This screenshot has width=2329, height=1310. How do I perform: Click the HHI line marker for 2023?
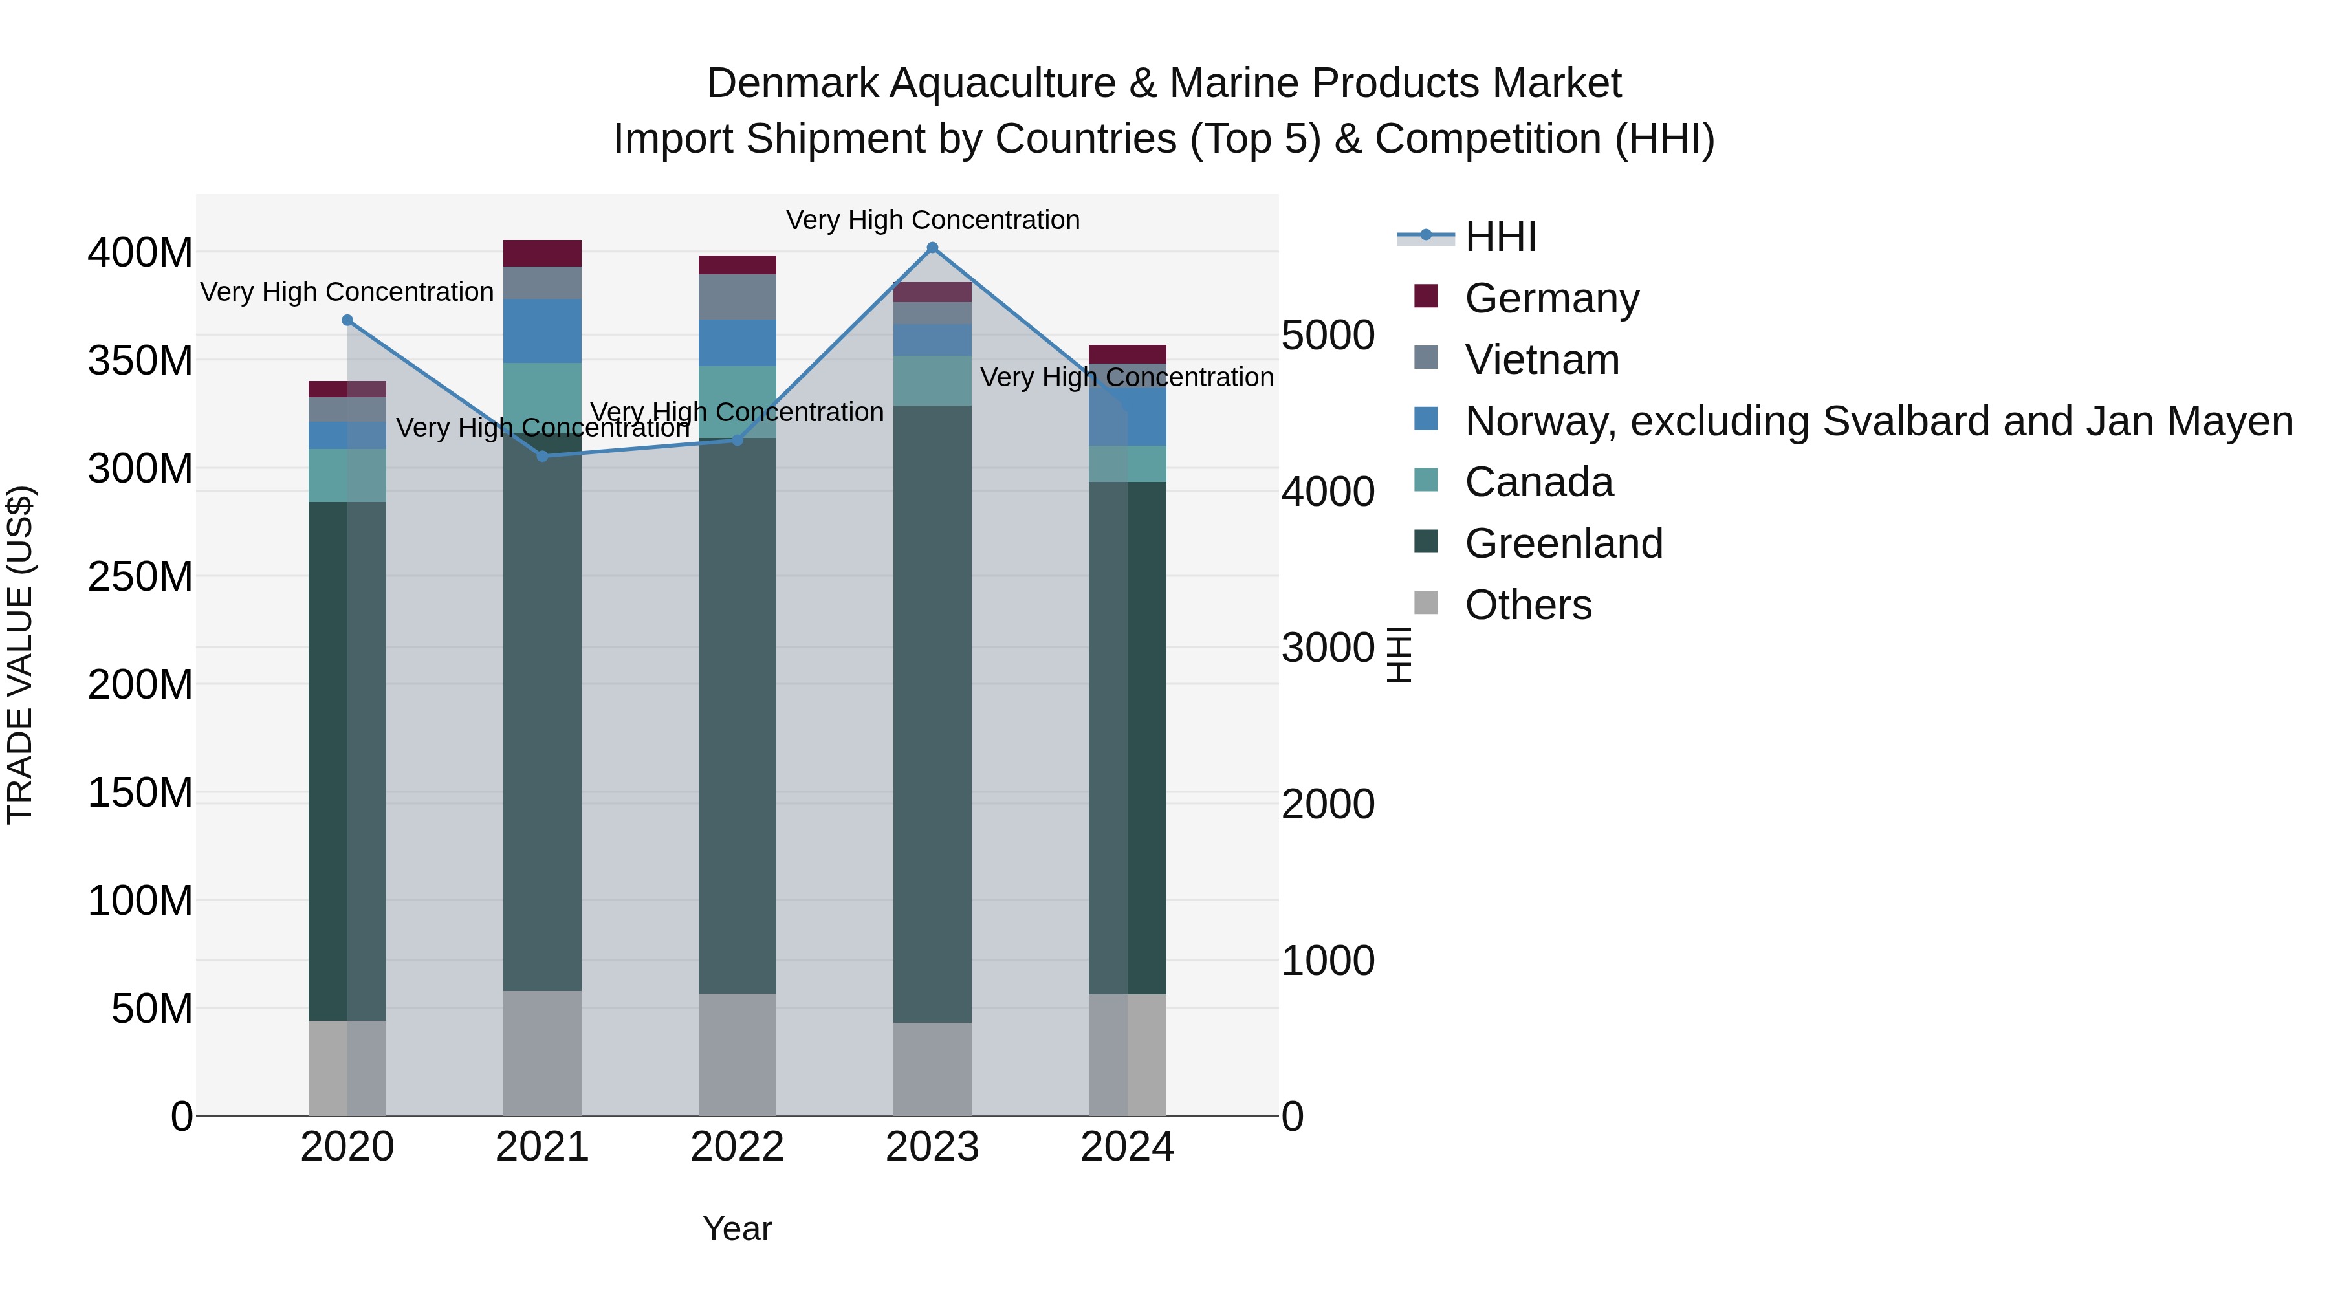[932, 248]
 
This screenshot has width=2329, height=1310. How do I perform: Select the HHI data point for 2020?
[347, 320]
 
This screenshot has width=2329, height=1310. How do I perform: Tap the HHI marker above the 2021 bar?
[543, 457]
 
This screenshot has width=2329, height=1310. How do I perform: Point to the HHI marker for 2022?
[737, 441]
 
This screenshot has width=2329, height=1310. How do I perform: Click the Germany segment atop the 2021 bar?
[543, 253]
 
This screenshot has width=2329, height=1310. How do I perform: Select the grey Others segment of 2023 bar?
[932, 1069]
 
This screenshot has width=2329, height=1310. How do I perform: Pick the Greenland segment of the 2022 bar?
[737, 714]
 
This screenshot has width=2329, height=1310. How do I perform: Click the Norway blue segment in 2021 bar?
[543, 331]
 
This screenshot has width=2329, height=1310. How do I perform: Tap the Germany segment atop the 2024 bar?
[1128, 353]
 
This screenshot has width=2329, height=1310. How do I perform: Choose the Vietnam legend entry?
[1542, 360]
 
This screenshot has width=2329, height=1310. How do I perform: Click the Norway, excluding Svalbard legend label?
[1878, 421]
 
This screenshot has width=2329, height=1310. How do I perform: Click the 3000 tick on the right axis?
[1328, 648]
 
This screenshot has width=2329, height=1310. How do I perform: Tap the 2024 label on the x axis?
[1128, 1147]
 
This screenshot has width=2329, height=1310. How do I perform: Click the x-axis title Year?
[737, 1228]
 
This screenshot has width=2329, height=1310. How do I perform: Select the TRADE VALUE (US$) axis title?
[20, 655]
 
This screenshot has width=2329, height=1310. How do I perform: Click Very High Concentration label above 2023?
[932, 220]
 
